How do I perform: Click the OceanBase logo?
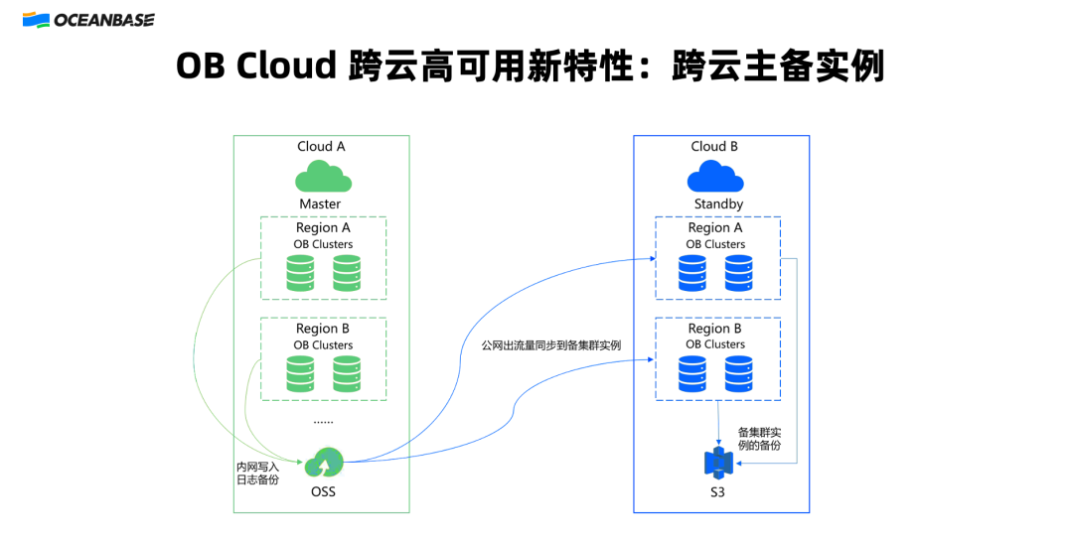point(88,20)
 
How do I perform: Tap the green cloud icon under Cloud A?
point(323,177)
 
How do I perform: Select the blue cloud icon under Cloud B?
point(715,177)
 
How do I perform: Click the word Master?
point(320,204)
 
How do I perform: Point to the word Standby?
point(718,204)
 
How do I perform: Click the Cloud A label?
point(321,146)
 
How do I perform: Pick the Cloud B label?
point(714,146)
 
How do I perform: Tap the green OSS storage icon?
point(324,462)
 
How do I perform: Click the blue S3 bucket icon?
point(718,463)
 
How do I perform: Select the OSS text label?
point(323,491)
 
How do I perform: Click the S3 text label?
point(717,491)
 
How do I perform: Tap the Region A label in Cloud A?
point(323,227)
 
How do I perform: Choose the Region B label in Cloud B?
point(714,329)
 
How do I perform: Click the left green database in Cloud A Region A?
point(300,274)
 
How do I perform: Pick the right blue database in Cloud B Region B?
point(739,374)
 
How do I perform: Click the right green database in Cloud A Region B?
point(347,374)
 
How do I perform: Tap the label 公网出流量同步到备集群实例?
point(550,345)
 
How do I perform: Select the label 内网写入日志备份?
point(258,474)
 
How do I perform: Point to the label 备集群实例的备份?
point(760,439)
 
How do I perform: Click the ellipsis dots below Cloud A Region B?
point(323,422)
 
